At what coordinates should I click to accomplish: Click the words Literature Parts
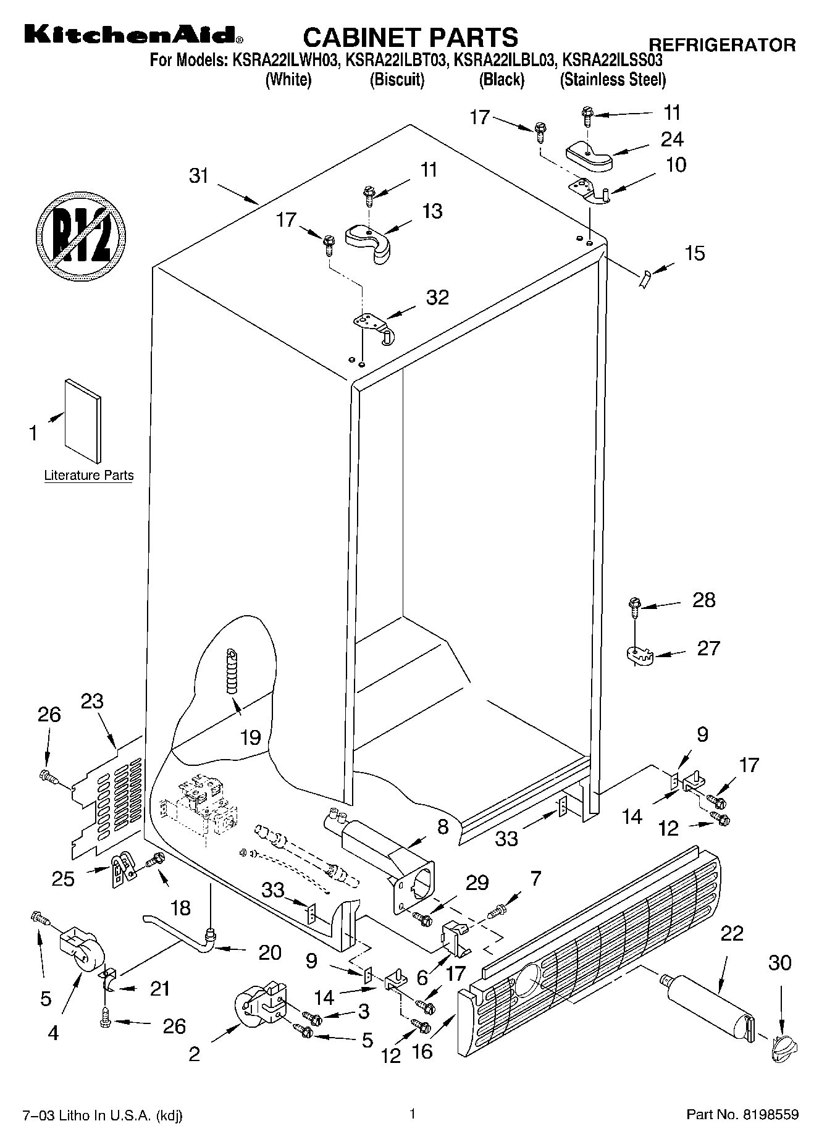click(x=89, y=476)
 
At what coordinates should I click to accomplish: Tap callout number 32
click(x=437, y=297)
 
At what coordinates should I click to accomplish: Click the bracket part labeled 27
click(x=639, y=657)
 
